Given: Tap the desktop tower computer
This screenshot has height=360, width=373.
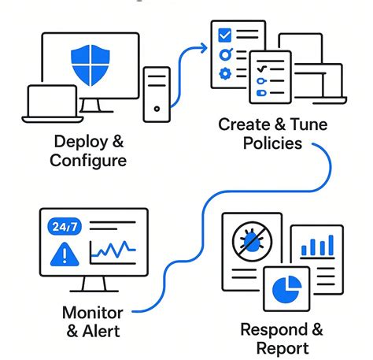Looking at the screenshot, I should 156,94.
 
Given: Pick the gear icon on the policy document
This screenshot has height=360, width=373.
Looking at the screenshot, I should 224,74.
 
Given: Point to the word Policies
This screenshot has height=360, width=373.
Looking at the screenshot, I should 271,144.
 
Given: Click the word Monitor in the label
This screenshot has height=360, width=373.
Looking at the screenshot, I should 92,312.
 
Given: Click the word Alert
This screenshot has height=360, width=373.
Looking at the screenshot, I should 101,330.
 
